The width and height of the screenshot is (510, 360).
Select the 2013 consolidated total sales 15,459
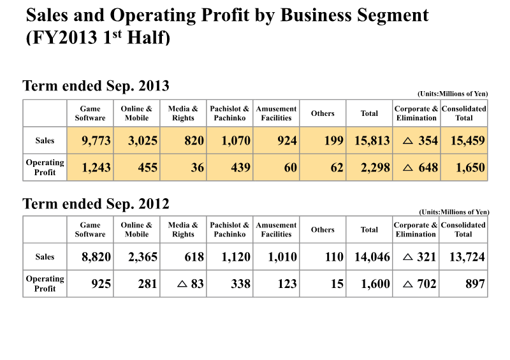[x=468, y=140]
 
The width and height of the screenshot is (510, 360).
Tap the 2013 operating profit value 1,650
[x=470, y=168]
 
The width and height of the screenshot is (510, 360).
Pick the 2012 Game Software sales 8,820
[x=96, y=257]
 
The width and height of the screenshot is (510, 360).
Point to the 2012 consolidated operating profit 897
[x=475, y=284]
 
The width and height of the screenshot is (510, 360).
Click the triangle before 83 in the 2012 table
[x=182, y=284]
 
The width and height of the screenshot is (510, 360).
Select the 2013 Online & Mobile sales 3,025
[x=142, y=140]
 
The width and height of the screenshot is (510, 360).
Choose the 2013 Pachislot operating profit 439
[x=241, y=168]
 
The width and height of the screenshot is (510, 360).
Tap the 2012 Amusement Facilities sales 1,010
[x=282, y=257]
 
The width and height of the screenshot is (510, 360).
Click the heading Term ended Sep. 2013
[x=96, y=86]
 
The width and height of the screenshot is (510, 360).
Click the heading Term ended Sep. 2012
[x=96, y=204]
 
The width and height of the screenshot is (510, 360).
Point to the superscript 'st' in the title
[x=117, y=34]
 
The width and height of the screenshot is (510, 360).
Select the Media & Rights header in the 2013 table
[x=183, y=113]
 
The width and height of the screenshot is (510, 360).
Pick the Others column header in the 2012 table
[x=323, y=229]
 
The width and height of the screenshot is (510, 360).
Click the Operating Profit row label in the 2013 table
[x=45, y=167]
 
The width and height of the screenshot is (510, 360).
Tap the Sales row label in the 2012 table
[x=45, y=257]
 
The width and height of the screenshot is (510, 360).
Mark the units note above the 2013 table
[x=453, y=94]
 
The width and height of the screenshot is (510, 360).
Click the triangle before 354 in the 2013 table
[x=408, y=141]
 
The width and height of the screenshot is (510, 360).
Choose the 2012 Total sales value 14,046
[x=372, y=257]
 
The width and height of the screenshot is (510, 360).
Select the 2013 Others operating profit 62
[x=337, y=168]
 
